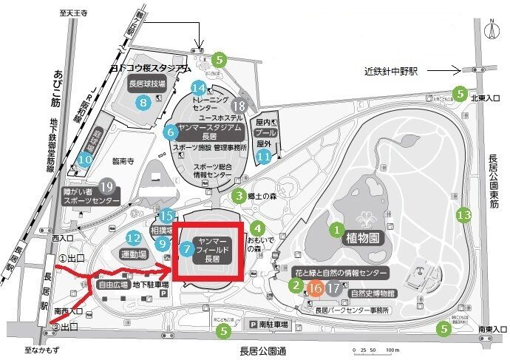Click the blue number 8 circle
[x=144, y=103]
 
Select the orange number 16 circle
[x=316, y=289]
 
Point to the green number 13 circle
[x=463, y=216]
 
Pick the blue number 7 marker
[x=186, y=249]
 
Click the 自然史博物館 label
[x=372, y=293]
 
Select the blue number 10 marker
[x=86, y=157]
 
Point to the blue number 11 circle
[x=262, y=156]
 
